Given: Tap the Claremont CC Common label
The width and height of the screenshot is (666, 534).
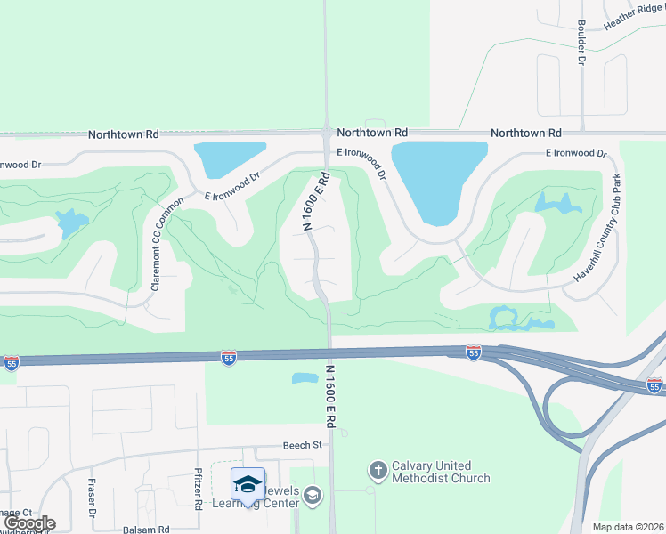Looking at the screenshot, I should point(167,244).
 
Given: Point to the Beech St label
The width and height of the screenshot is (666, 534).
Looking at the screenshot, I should point(303,444).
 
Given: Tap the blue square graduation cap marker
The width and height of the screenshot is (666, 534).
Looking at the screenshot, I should point(248,484).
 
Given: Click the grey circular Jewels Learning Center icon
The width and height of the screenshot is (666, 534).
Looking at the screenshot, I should point(312,495).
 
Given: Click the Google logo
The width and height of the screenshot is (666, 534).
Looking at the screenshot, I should point(30,523).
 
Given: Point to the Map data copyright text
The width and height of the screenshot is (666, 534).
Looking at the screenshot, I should point(628,527).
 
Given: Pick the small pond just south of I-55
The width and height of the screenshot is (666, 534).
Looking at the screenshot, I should point(305,378).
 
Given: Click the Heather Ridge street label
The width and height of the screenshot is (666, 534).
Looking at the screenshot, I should point(633,25).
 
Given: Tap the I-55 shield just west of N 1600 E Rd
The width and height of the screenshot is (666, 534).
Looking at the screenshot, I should point(229,357).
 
